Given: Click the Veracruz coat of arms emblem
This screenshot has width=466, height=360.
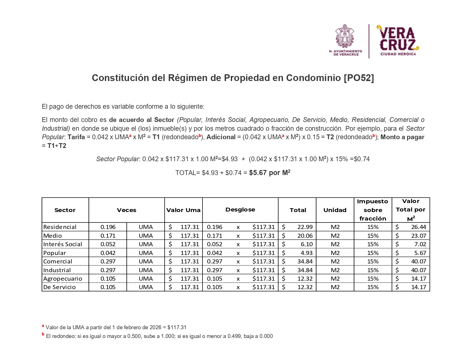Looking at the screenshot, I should [345, 36].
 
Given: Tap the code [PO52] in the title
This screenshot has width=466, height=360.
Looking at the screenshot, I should [359, 78].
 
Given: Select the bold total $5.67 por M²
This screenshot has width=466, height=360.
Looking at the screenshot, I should [269, 173].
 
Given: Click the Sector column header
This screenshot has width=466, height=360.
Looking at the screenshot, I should [65, 210].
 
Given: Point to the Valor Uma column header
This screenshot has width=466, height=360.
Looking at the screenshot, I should [183, 210].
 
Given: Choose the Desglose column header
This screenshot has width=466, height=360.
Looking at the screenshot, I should [240, 210].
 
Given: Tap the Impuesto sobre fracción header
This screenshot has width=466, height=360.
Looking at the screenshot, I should [373, 210].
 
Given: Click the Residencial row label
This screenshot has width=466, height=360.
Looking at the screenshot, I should [60, 227].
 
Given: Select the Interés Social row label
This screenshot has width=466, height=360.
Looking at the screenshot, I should [63, 244].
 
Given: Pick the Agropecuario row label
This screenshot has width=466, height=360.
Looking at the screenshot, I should [63, 279].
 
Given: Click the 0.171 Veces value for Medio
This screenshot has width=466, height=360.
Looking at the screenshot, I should [108, 236].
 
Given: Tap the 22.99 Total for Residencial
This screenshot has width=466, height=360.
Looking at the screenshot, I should [305, 227].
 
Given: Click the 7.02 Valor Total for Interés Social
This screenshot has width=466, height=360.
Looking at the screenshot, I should [420, 244].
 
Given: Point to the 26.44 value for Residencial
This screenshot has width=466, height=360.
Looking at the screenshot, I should [418, 227].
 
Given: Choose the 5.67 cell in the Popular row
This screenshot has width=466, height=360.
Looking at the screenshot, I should [420, 253].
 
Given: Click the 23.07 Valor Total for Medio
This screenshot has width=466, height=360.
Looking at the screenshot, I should [418, 236].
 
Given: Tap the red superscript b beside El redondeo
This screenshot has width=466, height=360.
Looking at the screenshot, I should [43, 334].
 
